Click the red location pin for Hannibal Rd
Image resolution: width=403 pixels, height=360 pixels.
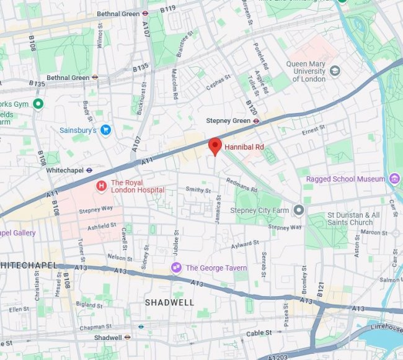[x=215, y=146]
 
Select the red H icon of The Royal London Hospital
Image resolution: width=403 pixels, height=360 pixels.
[x=100, y=186]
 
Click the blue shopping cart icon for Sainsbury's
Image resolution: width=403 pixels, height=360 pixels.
[x=105, y=130]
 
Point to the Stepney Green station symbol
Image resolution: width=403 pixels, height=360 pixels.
[x=256, y=121]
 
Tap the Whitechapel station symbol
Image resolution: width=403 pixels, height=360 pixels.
[x=89, y=169]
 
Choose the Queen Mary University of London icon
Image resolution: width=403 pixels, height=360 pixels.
[x=335, y=70]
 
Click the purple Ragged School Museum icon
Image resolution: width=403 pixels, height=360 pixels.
[x=394, y=179]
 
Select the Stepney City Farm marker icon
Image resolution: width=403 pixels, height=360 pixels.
[x=299, y=210]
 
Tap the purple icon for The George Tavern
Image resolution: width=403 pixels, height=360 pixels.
[x=177, y=268]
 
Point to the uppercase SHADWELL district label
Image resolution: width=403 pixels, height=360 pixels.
[x=169, y=302]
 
